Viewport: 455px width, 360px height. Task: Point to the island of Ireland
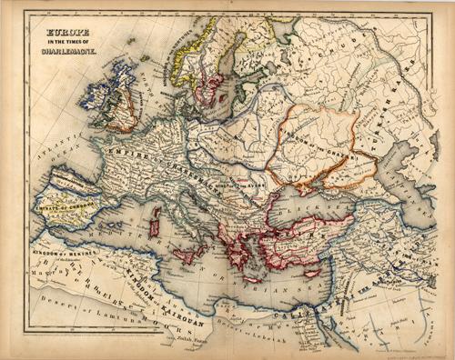[x=101, y=99]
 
